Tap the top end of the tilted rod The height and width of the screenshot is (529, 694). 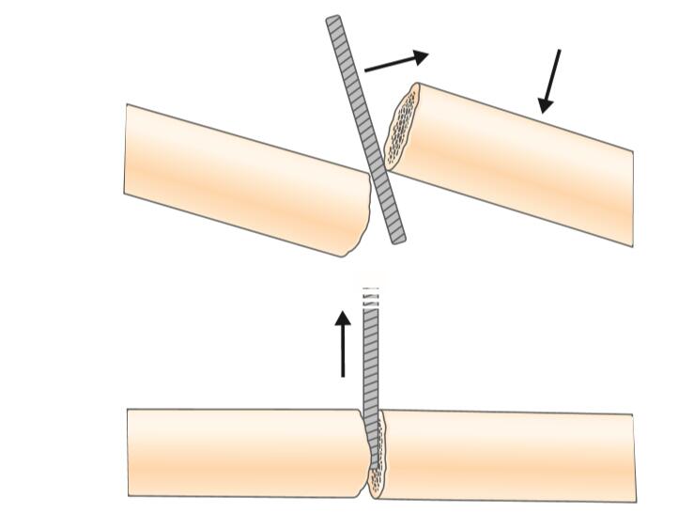coord(333,21)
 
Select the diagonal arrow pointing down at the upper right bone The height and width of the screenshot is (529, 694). coord(550,81)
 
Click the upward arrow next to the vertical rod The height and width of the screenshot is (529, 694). coord(343,344)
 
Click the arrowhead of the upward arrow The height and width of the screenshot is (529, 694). coord(343,319)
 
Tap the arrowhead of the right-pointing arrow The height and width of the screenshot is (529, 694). coord(420,55)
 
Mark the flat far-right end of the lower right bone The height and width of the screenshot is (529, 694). coord(634,458)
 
